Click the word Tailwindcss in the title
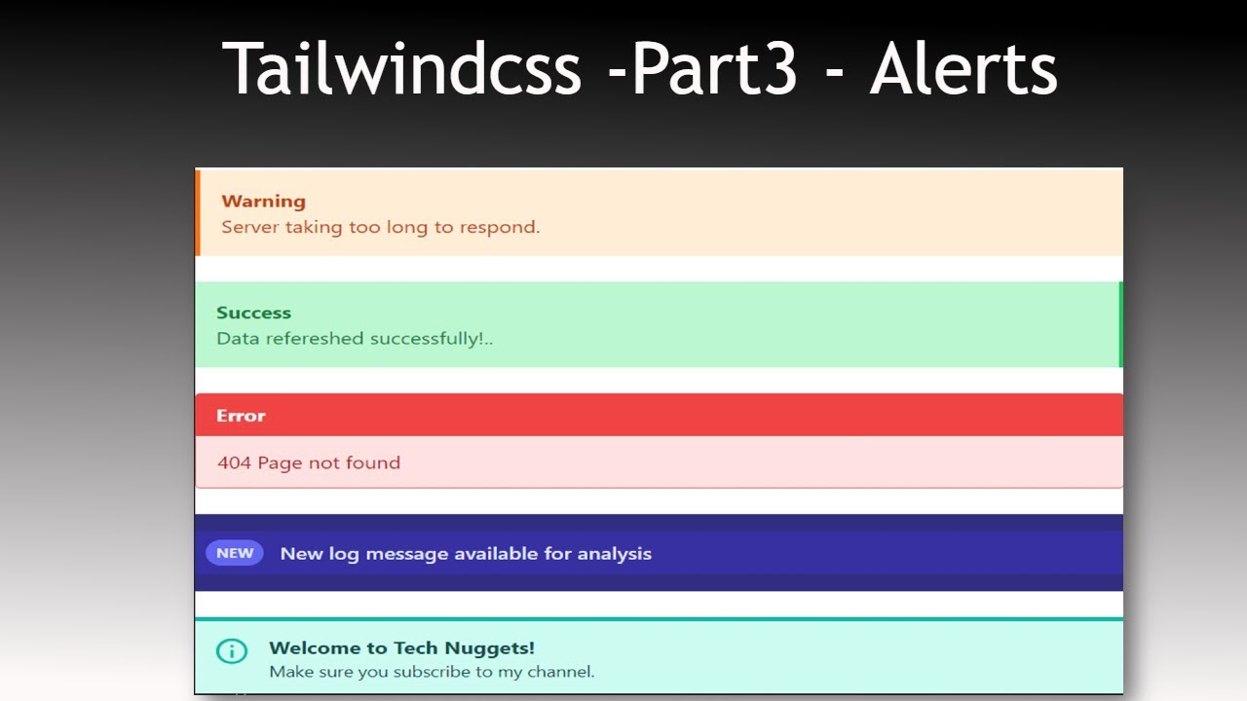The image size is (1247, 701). tap(401, 68)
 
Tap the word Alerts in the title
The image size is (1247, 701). tap(963, 68)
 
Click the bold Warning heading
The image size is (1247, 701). tap(263, 202)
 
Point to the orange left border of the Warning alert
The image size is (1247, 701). tap(198, 212)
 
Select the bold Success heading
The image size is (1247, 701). tap(253, 313)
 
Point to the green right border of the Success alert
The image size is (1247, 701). tap(1120, 324)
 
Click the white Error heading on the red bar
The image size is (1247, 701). tap(241, 416)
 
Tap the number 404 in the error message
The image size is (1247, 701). tap(234, 462)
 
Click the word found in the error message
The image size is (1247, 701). tap(373, 462)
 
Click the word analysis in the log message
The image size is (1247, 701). tap(614, 554)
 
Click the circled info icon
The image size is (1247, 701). tap(231, 650)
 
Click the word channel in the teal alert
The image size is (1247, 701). tap(557, 672)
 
